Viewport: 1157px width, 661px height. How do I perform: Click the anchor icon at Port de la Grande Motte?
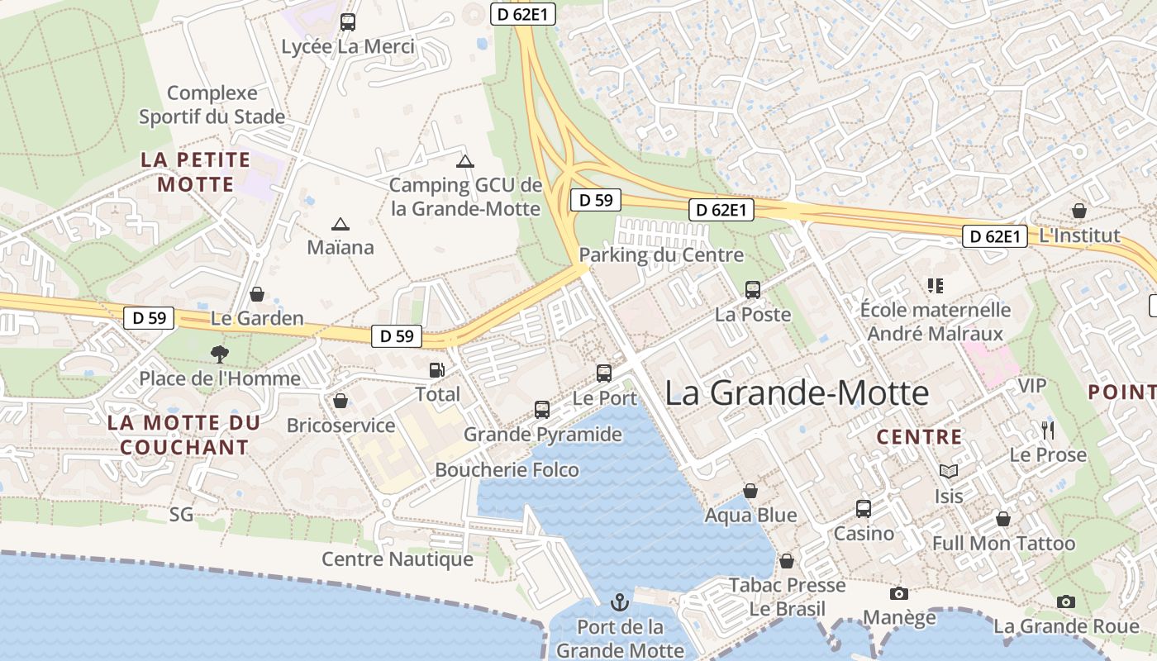tap(619, 602)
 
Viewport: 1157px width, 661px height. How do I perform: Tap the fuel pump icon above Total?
tap(436, 371)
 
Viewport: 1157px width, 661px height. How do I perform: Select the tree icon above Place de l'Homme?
tap(220, 354)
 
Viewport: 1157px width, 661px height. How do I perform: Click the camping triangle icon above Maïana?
tap(340, 224)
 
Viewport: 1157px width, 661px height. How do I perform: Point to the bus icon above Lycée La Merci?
tap(348, 22)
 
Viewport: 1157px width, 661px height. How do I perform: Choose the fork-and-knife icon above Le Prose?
tap(1048, 430)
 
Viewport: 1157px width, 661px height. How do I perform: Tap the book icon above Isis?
tap(949, 472)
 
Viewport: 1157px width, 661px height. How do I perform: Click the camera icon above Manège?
tap(899, 593)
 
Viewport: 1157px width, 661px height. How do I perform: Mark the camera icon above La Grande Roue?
tap(1066, 602)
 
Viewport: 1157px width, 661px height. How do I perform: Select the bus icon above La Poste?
tap(753, 290)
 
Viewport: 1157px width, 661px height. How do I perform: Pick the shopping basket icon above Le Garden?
tap(257, 294)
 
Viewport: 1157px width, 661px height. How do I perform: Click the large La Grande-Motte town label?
tap(797, 392)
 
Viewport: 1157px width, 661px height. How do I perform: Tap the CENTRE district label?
tap(919, 437)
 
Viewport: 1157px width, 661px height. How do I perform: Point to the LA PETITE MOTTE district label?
tap(196, 172)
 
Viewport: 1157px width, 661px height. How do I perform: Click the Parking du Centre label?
tap(661, 254)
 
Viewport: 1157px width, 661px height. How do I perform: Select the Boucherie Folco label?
tap(507, 469)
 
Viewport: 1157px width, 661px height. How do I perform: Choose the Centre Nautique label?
tap(398, 559)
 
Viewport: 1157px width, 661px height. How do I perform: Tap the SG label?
tap(181, 515)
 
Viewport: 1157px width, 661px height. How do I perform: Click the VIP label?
tap(1032, 386)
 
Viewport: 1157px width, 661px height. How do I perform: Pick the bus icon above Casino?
tap(864, 509)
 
